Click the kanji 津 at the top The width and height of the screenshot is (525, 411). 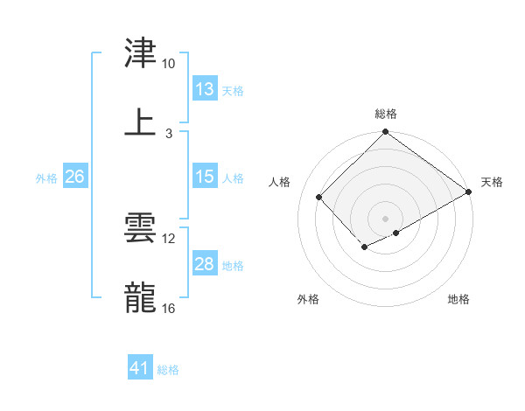pos(140,53)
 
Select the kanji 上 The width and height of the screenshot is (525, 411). pos(140,122)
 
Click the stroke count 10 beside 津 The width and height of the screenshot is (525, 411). pos(169,64)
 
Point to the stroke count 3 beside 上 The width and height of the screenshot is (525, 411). pos(169,133)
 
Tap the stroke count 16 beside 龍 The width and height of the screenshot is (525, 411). pos(169,309)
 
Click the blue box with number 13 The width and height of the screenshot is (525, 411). pos(205,89)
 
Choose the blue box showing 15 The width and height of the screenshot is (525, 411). pos(205,177)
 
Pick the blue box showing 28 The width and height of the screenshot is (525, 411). pos(205,264)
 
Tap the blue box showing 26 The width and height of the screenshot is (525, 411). pos(75,177)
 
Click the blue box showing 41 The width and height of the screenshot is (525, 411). pos(140,368)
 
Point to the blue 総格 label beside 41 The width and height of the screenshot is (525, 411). pos(168,370)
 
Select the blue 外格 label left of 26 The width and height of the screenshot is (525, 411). pos(46,178)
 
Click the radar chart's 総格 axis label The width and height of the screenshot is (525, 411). pos(386,114)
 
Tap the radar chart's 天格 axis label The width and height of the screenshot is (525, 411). pos(492,182)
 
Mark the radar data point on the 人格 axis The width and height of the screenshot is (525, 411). pos(319,197)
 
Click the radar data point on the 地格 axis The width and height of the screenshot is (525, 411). pos(396,233)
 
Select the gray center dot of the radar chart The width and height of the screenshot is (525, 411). pos(385,218)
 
